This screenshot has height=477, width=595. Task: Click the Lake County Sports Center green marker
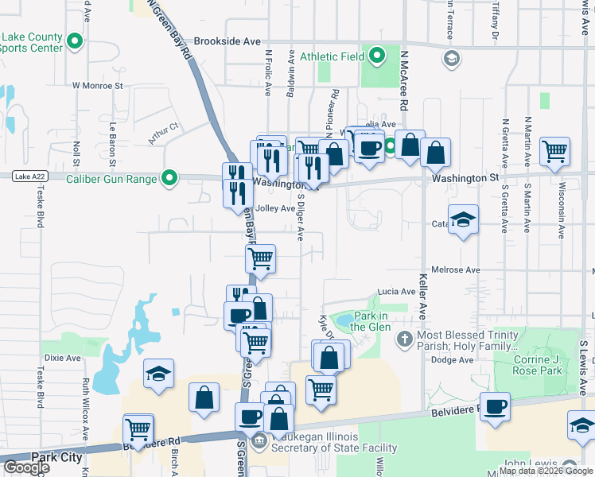coord(75,41)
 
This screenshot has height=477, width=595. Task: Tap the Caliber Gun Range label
coord(111,179)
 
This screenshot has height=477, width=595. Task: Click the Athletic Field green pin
coord(377,56)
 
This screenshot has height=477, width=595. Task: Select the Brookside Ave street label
coord(227,41)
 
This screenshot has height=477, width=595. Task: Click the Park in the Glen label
coord(371,321)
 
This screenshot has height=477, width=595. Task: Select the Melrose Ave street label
coord(456,270)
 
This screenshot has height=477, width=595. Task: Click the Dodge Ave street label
coord(453,360)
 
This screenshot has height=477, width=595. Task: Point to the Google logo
coord(27,467)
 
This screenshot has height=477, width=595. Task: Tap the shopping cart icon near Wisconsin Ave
coord(554,149)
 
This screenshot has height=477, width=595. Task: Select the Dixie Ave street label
coord(63,358)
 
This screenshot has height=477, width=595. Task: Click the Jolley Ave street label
coord(275,209)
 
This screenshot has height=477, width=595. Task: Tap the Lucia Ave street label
coord(397,292)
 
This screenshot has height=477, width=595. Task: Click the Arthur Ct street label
coord(164,132)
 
